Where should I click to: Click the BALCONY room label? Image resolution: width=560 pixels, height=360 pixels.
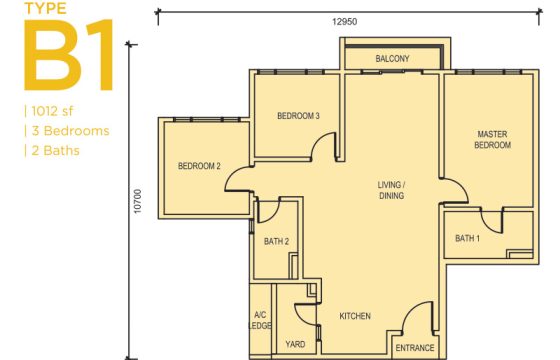point(392,59)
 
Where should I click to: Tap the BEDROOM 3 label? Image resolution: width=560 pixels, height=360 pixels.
point(298,116)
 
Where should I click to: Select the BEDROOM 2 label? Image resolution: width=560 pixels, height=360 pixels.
point(199,166)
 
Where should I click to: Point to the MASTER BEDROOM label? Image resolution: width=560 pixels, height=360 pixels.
point(492,140)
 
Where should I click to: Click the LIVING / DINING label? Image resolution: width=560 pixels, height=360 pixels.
point(391,190)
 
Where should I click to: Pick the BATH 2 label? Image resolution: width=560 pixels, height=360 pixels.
point(276,241)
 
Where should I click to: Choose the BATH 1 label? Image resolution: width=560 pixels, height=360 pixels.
point(467,238)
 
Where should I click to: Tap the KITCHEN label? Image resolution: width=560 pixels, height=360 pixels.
point(355,316)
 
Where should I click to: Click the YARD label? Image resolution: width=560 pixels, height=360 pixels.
point(295,344)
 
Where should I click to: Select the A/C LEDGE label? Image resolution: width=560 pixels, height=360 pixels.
point(260,320)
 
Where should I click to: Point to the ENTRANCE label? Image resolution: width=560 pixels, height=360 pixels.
point(415,348)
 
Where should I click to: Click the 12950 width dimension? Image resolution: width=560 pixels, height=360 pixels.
point(344,22)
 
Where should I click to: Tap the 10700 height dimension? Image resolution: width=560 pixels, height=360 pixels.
point(138,201)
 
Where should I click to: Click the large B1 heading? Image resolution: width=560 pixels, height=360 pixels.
point(69,55)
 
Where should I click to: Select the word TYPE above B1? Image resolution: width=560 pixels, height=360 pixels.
point(45,9)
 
